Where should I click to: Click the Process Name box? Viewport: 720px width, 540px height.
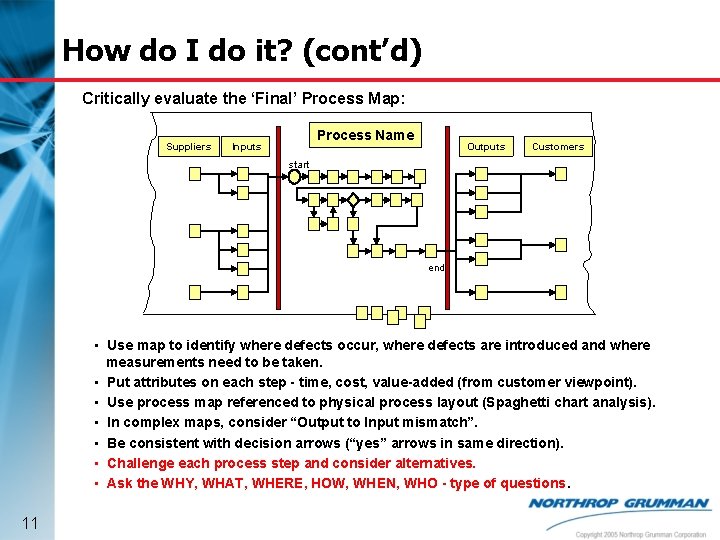click(365, 135)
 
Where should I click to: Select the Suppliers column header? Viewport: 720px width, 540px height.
click(188, 146)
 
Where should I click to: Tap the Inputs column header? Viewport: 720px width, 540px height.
click(246, 146)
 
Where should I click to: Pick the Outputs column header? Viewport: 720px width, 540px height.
click(486, 146)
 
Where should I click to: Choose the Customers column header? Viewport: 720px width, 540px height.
click(557, 146)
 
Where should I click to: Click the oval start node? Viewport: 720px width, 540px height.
click(294, 176)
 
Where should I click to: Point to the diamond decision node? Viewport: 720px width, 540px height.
click(352, 200)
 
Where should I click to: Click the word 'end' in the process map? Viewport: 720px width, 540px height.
click(436, 268)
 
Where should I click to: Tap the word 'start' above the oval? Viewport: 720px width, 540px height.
click(299, 163)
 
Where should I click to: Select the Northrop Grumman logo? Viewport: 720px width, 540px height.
click(619, 504)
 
